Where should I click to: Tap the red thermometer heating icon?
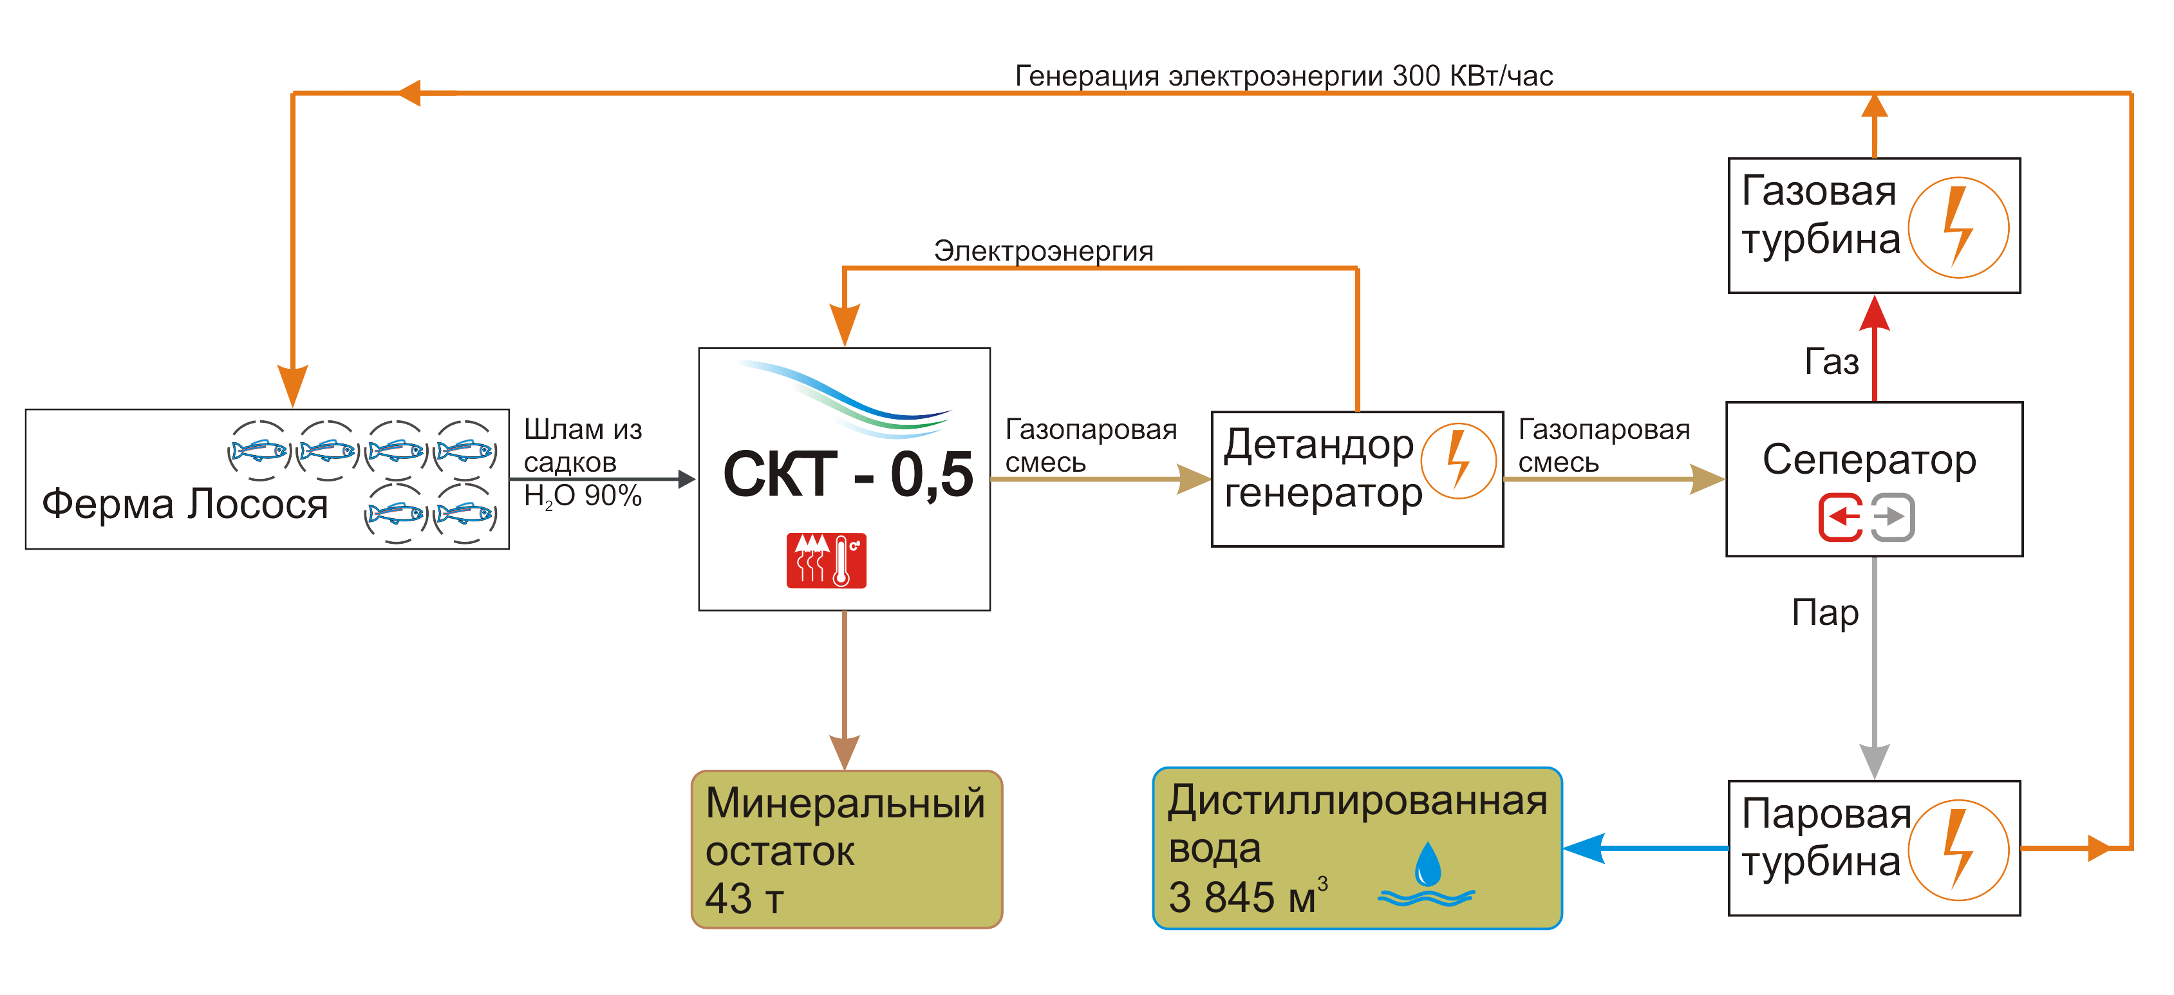point(826,561)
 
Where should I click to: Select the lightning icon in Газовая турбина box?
point(1958,227)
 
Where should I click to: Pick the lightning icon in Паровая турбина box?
point(1958,850)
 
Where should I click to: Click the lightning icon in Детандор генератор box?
point(1457,461)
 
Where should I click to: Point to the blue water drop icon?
point(1427,864)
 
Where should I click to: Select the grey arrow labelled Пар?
point(1875,667)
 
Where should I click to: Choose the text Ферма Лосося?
point(185,504)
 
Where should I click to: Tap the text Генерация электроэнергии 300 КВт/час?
point(1283,76)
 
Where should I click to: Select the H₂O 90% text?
point(583,496)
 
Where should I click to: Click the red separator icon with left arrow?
point(1841,517)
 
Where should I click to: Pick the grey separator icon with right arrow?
point(1893,517)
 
